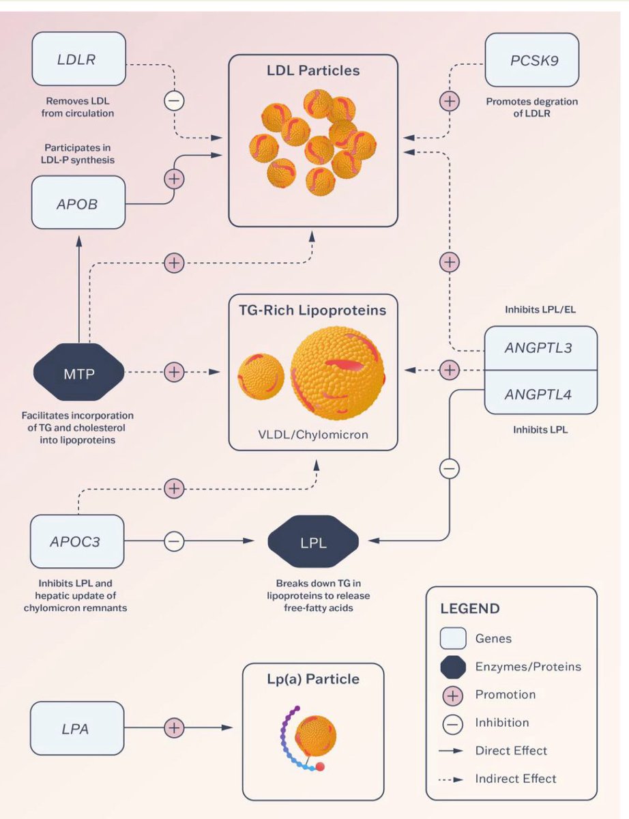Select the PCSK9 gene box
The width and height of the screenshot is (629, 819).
pos(532,59)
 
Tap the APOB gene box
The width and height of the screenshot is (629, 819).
pos(78,203)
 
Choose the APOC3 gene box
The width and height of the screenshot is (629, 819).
pos(78,542)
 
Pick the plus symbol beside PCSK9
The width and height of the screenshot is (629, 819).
pos(449,101)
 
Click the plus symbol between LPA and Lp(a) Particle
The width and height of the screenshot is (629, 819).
pos(174,728)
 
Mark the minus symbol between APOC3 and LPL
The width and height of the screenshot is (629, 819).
pos(174,542)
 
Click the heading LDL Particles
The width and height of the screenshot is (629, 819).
pos(313,70)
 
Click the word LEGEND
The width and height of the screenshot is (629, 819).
pos(469,608)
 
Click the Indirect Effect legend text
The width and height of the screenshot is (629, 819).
pos(516,778)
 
